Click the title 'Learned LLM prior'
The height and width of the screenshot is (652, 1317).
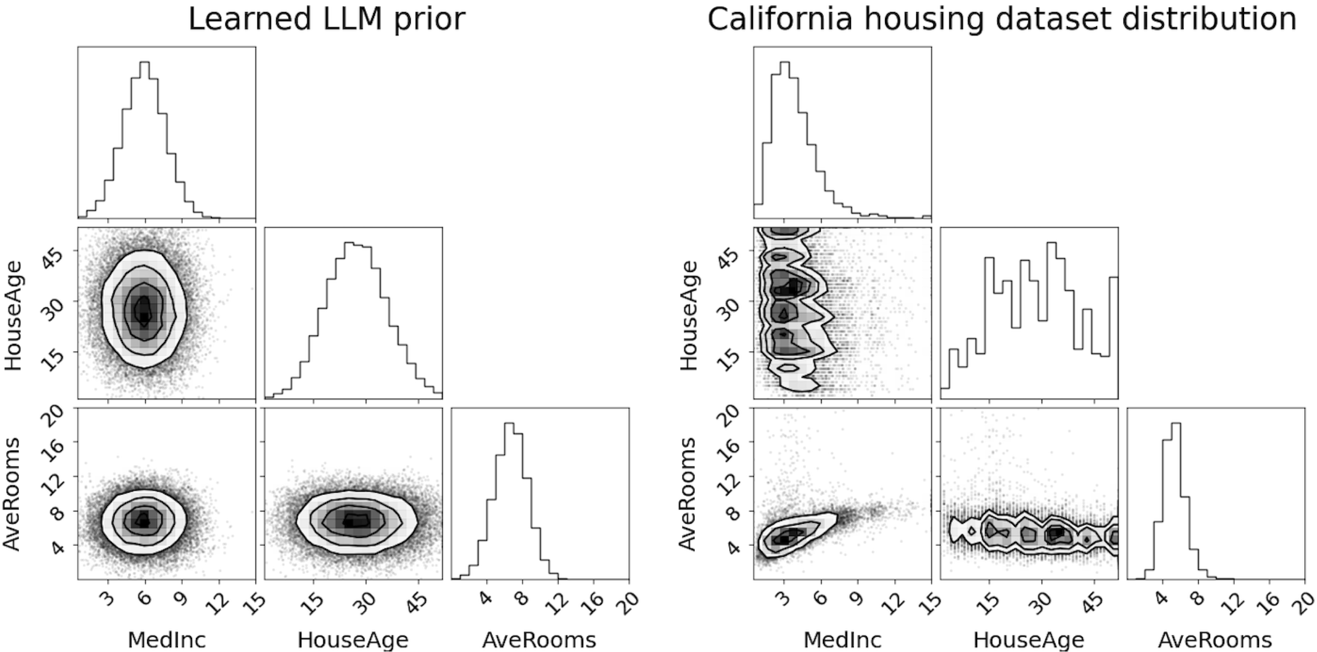tap(326, 19)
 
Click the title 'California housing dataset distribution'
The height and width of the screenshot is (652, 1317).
tap(1002, 19)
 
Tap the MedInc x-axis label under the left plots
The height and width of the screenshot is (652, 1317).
tap(167, 640)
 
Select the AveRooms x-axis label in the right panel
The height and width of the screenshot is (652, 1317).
tap(1215, 640)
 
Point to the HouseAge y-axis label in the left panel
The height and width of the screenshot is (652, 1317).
tap(14, 315)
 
